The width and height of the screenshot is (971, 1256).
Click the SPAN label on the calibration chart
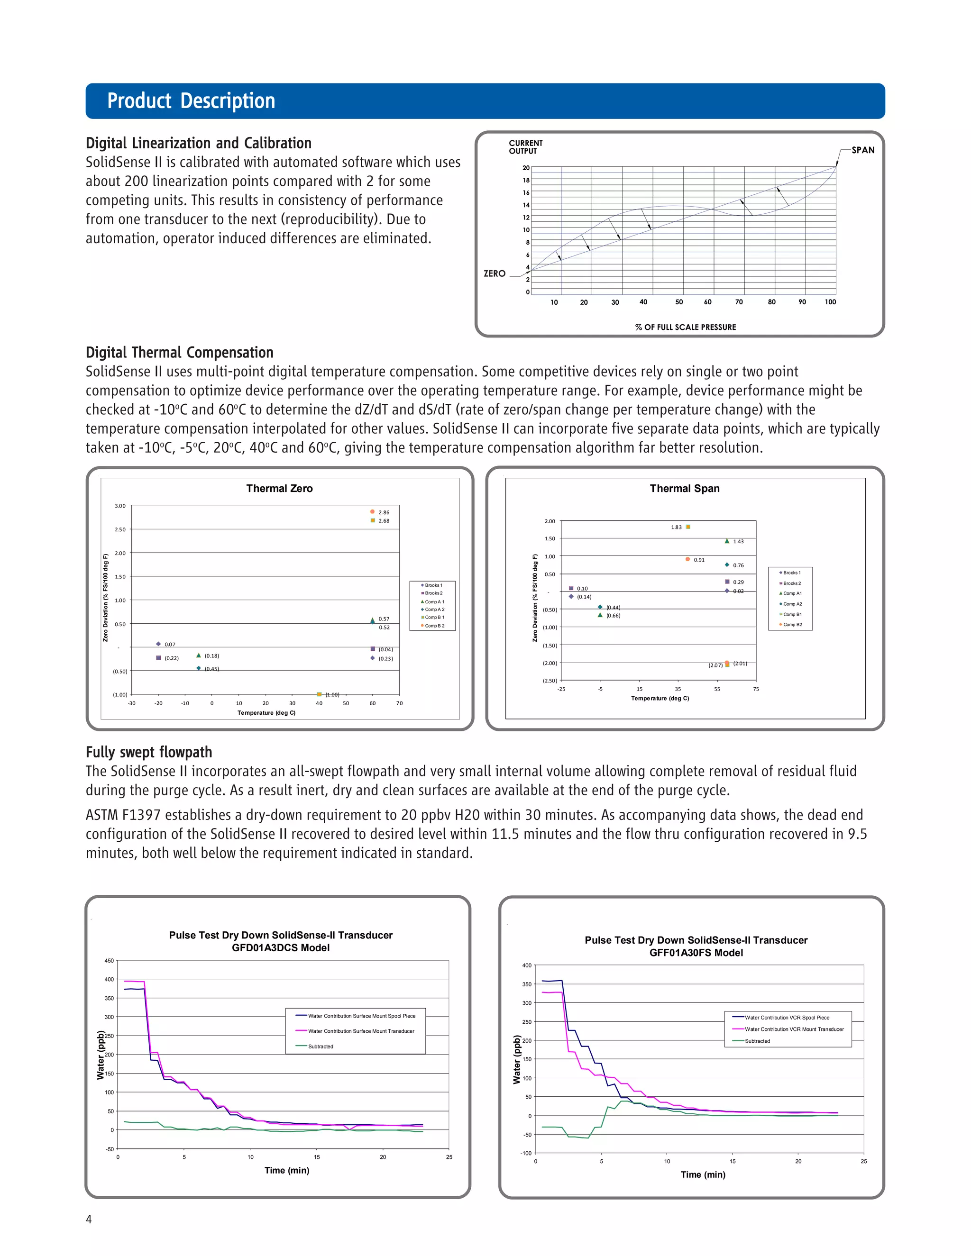[x=862, y=150]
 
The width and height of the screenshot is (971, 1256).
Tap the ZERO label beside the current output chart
[x=494, y=274]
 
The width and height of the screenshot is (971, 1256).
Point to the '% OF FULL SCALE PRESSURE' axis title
[x=685, y=327]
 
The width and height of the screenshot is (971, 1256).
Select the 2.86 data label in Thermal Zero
[x=384, y=512]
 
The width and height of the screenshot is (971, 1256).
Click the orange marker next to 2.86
[x=372, y=511]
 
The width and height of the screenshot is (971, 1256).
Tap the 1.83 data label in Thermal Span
[x=676, y=528]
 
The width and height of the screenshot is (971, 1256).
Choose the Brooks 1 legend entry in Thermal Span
[x=791, y=573]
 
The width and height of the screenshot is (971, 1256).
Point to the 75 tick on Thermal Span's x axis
[x=755, y=689]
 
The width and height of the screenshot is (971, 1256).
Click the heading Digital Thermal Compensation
[x=180, y=353]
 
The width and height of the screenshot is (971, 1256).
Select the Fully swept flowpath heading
[x=148, y=752]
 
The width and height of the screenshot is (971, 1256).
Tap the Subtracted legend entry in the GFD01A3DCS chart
[x=321, y=1047]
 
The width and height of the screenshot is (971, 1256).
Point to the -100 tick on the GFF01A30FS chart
[x=525, y=1153]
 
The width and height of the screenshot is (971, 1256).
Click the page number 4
[x=89, y=1219]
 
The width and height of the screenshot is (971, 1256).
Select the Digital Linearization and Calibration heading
[x=199, y=143]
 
